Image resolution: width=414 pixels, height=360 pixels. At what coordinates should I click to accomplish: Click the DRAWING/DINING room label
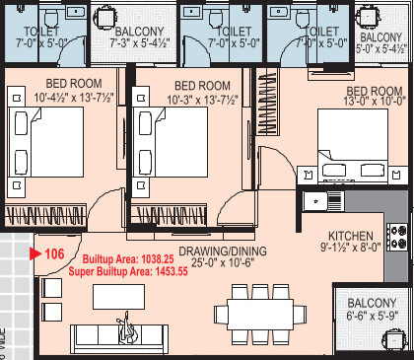[x=220, y=250]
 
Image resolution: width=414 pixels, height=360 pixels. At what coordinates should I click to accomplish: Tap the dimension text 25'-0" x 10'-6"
[x=220, y=263]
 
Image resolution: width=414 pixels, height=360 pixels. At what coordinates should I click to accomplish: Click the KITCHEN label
[x=350, y=237]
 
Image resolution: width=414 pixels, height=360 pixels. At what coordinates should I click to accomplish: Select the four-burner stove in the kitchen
[x=398, y=236]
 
